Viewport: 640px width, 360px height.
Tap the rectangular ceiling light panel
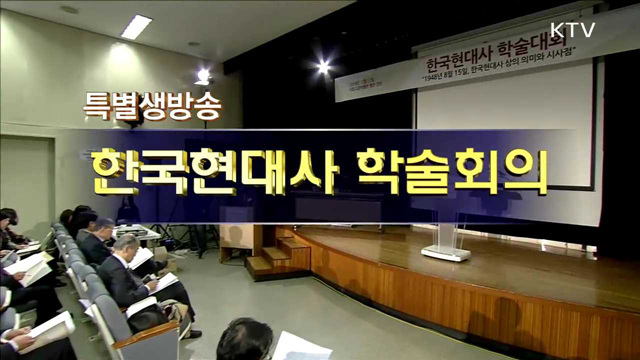[136, 26]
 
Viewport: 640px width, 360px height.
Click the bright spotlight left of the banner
[323, 67]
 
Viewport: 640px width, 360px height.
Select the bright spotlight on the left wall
[204, 75]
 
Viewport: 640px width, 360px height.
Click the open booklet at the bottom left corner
[45, 330]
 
